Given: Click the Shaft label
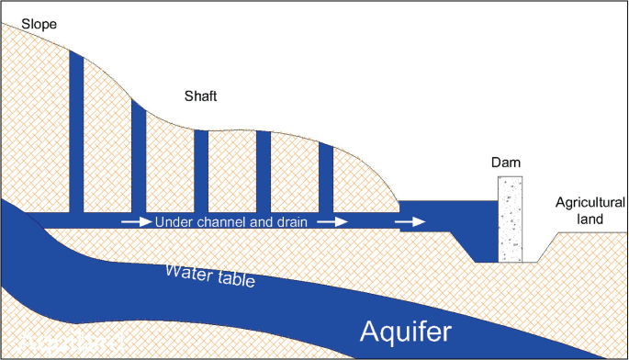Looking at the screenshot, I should pos(201,96).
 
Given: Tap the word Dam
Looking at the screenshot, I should pos(506,163).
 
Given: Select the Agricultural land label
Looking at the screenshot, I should pos(590,211).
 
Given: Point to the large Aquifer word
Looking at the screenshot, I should pos(407,331).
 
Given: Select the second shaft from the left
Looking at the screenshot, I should pos(139,156).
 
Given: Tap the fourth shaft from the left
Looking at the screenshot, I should pos(263,172).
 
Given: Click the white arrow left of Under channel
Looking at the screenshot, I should pos(134,222).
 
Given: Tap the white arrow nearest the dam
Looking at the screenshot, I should pos(410,222).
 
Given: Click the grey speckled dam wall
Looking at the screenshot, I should pos(510,220).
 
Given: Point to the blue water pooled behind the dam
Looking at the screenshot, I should pos(450,213).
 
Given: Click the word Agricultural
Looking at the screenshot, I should pos(590,203).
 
